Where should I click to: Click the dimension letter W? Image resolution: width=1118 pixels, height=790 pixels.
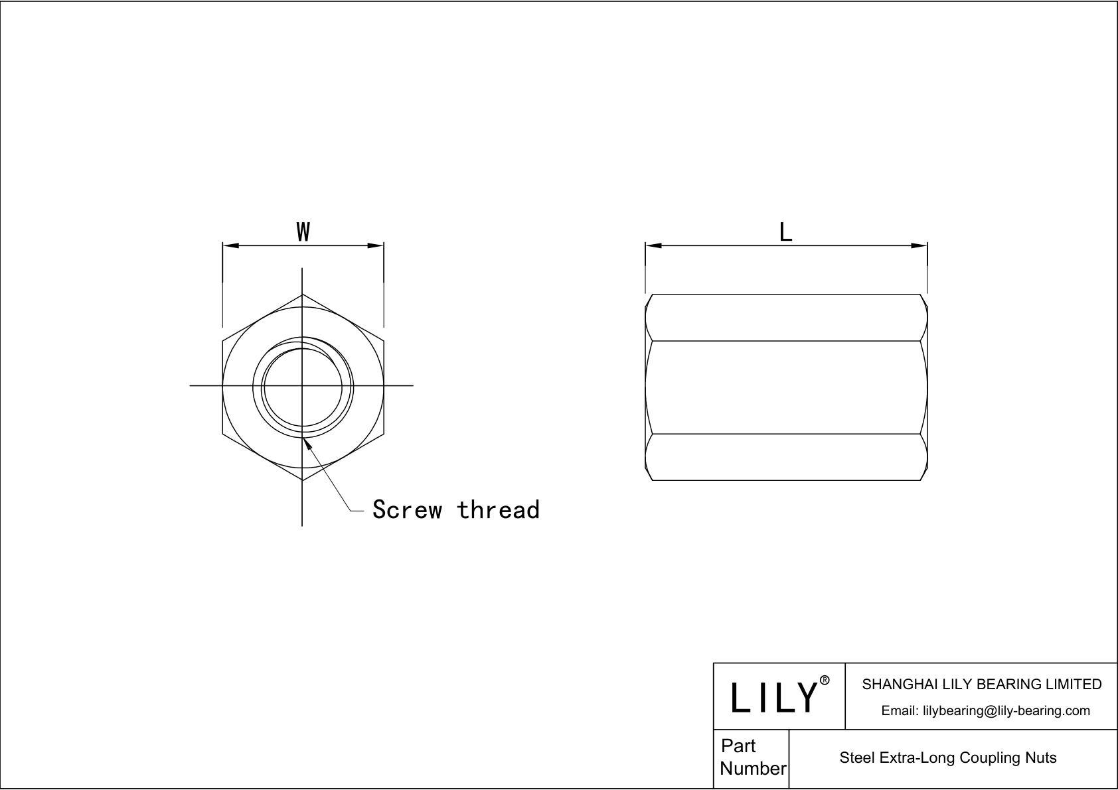303,232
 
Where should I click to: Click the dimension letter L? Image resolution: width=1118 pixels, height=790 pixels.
785,232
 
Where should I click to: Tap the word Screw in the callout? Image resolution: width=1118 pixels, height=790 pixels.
407,509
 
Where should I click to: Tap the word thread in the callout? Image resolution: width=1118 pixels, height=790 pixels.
498,509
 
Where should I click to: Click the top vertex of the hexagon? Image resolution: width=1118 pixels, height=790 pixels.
303,294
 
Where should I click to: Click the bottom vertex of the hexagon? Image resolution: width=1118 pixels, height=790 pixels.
303,480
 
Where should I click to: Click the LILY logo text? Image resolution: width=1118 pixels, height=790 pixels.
773,698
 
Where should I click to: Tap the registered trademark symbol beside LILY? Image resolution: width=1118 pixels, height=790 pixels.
825,681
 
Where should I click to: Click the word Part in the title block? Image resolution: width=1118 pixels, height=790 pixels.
738,746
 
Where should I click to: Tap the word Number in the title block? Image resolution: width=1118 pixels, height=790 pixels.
753,769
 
